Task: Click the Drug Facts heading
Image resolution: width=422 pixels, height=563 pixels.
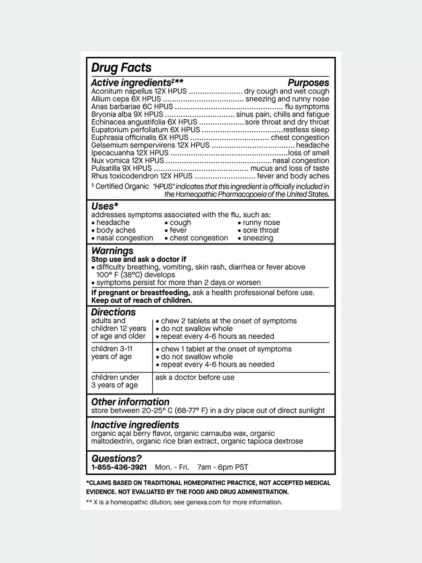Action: [x=121, y=68]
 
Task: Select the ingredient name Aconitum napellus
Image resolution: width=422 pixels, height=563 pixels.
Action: [x=118, y=91]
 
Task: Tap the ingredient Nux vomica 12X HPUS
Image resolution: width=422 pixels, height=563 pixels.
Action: [x=121, y=160]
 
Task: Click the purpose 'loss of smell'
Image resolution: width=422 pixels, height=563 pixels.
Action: [x=308, y=153]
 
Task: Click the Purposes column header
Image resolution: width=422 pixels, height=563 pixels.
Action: [x=308, y=83]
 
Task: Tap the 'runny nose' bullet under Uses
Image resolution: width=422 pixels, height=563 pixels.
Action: [x=261, y=222]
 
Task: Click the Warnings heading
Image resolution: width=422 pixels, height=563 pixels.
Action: [x=112, y=251]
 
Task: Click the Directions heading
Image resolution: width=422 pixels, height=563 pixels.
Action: [x=113, y=312]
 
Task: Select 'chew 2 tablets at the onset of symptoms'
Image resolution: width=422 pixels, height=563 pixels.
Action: [x=228, y=321]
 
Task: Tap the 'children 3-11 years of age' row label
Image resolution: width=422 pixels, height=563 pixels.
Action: [x=112, y=353]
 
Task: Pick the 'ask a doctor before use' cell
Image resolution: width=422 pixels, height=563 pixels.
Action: [x=195, y=377]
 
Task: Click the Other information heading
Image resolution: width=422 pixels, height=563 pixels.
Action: [x=130, y=402]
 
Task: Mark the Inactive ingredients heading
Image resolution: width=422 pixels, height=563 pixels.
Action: [x=135, y=425]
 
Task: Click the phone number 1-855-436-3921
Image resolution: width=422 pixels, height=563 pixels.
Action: [x=119, y=467]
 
